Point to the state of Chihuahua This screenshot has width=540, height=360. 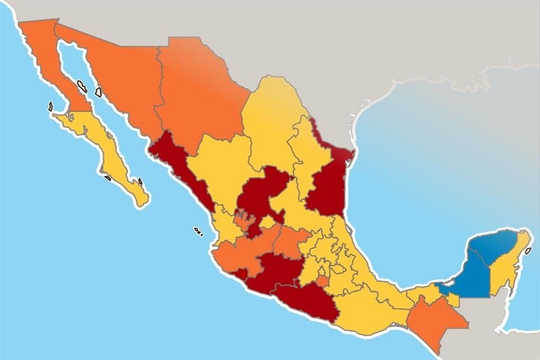(197, 90)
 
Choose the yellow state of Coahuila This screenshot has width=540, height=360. (270, 124)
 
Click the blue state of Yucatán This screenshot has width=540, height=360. (495, 247)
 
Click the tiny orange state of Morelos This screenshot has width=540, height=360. (322, 281)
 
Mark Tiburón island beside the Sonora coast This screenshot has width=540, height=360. (98, 91)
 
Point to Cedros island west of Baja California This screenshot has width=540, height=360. (51, 106)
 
